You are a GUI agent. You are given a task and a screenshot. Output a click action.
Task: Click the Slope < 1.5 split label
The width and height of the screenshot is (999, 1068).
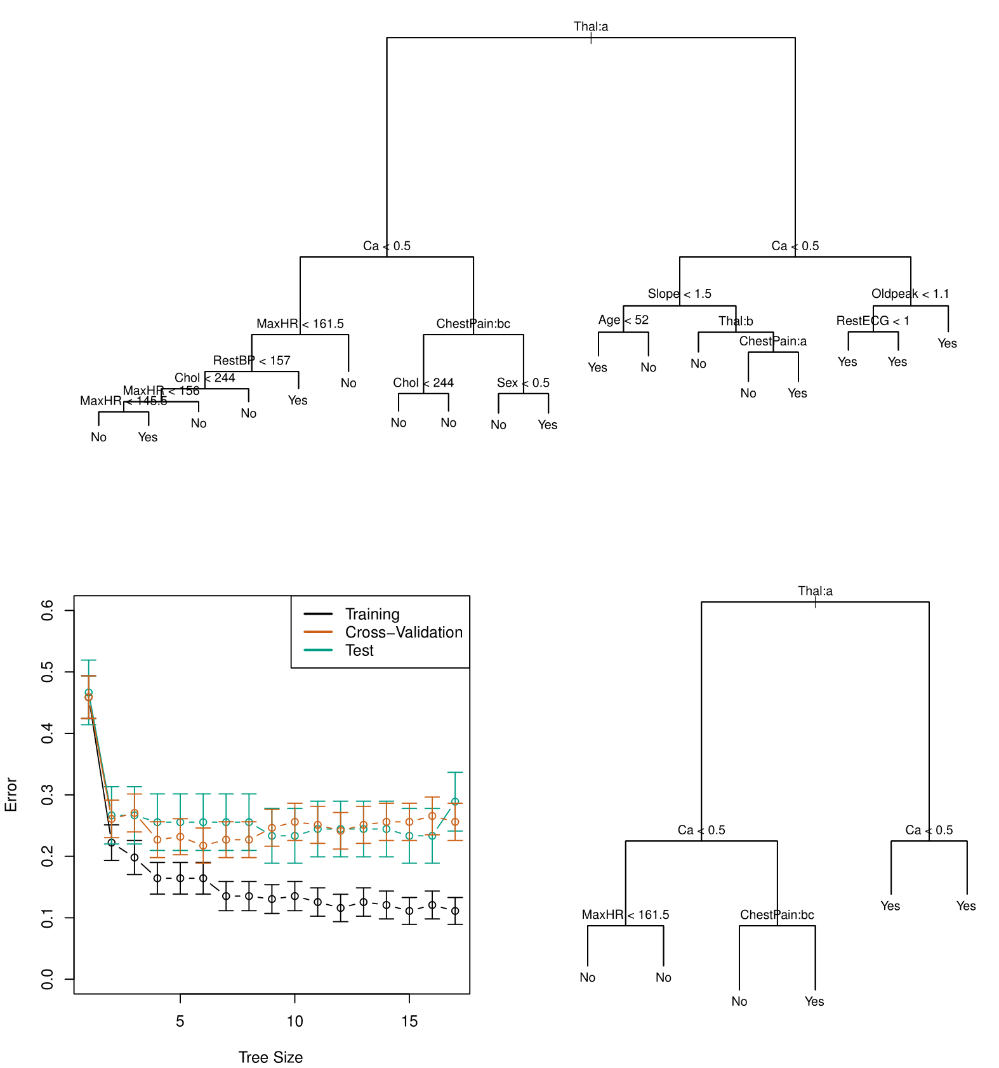point(679,294)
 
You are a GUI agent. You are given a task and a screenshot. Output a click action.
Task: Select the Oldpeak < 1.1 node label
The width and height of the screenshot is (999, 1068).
point(910,294)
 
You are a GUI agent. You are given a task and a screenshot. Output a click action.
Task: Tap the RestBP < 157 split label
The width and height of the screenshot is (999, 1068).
point(251,361)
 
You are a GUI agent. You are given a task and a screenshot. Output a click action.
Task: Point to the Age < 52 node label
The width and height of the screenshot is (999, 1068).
point(623,320)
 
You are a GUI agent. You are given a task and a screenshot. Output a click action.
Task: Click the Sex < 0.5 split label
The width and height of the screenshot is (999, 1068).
point(523,383)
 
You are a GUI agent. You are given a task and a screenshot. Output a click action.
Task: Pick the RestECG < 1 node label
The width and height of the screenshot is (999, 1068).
point(873,321)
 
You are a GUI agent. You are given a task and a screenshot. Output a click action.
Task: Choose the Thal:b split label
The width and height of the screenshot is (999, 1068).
point(736,321)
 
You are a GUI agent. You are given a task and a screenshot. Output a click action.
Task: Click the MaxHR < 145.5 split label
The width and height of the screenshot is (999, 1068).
point(123,401)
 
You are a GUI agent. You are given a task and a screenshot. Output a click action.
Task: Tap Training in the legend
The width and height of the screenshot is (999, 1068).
point(372,614)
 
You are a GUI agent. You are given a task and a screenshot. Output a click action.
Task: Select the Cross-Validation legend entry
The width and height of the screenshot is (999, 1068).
point(404,632)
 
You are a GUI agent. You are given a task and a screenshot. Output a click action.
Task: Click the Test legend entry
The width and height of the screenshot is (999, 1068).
point(359,650)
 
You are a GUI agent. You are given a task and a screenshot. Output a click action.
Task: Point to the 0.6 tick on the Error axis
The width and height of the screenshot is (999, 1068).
point(48,611)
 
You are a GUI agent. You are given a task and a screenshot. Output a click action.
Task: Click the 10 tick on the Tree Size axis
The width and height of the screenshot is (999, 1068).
point(294,1022)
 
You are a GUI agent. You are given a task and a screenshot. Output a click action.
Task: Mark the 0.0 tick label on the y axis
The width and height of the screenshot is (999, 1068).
point(48,978)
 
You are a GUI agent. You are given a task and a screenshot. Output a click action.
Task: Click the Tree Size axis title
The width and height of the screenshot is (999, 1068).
point(270,1057)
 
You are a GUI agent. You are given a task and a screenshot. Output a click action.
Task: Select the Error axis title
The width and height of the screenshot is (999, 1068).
point(11,794)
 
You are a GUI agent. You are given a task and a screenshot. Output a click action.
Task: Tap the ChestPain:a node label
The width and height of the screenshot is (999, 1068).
point(772,342)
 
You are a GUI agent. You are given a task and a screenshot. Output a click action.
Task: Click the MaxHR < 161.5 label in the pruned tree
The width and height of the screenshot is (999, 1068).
point(625,915)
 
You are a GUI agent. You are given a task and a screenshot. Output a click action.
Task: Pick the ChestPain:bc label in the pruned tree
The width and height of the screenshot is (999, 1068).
point(777,915)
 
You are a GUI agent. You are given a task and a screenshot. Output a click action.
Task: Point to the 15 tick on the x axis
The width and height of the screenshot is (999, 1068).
point(409,1022)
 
